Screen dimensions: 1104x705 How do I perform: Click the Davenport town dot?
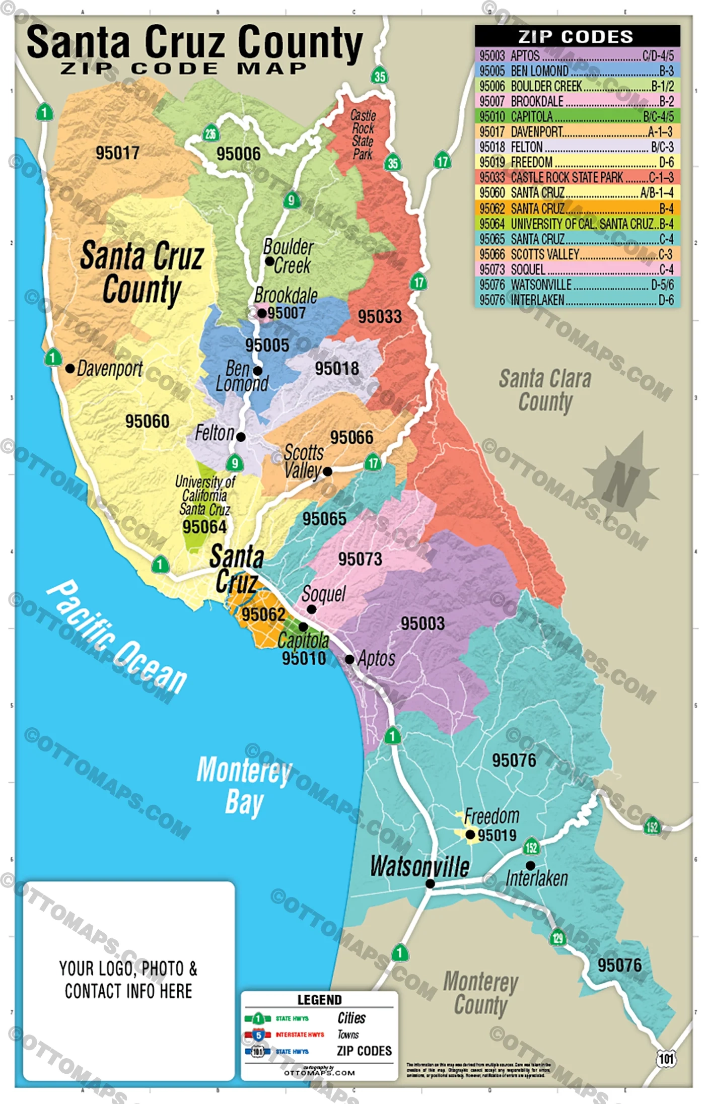click(x=70, y=368)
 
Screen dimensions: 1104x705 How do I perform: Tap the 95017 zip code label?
click(x=117, y=153)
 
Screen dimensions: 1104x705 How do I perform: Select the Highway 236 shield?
click(x=210, y=133)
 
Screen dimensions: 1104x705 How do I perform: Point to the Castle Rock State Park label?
click(x=363, y=134)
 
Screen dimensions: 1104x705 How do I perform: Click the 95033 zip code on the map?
click(x=380, y=317)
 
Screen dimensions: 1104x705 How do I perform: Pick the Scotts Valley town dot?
click(x=327, y=471)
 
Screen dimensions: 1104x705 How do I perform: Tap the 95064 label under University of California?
click(x=204, y=527)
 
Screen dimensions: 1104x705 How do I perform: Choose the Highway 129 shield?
click(x=557, y=937)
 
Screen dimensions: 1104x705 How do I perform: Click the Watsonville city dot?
click(x=430, y=883)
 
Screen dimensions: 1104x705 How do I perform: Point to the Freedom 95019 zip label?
click(x=497, y=835)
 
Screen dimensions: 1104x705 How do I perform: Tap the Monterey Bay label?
click(x=244, y=786)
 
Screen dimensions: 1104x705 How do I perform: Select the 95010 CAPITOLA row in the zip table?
click(x=577, y=116)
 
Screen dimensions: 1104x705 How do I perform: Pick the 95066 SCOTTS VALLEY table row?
click(x=577, y=254)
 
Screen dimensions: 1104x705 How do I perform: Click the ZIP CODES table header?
click(x=577, y=36)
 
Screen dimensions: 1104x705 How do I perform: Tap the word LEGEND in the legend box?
click(x=319, y=1000)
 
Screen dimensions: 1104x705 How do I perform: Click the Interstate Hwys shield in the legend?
click(x=258, y=1035)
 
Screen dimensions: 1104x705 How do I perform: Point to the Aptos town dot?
click(x=349, y=659)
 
